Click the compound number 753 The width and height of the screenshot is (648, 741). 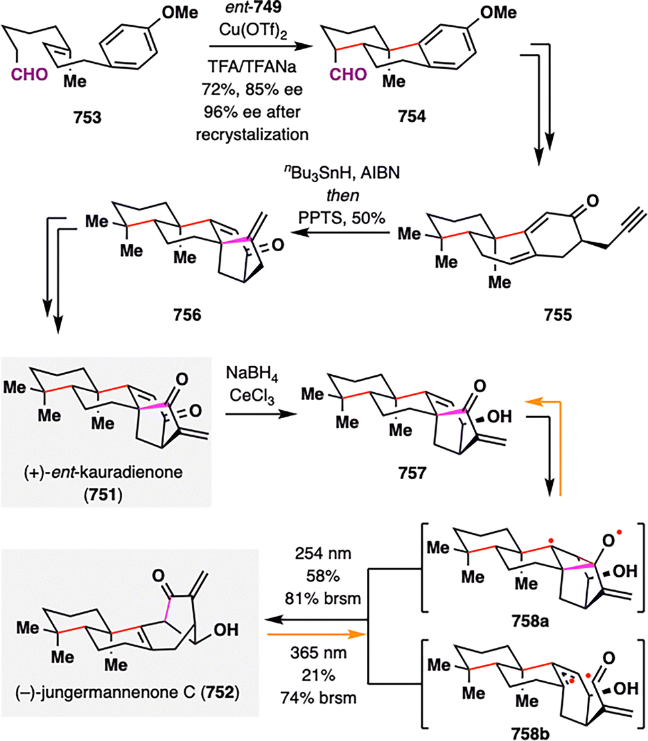(x=88, y=117)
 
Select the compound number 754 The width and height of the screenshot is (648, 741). (x=411, y=116)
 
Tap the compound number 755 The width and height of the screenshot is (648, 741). (x=558, y=314)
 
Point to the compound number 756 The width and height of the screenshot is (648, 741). (x=187, y=314)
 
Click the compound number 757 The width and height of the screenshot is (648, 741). (x=412, y=473)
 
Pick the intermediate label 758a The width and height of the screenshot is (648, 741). (x=530, y=621)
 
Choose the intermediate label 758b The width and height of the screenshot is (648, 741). (x=530, y=734)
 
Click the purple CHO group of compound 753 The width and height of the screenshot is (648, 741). (x=29, y=74)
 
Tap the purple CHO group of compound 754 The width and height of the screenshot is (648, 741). (x=348, y=74)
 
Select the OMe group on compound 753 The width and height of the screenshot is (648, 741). (x=179, y=13)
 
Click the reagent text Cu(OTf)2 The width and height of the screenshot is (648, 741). (x=253, y=31)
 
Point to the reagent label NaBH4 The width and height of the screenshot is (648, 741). (x=252, y=373)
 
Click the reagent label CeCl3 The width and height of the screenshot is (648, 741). (x=252, y=396)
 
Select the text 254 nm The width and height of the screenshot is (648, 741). (x=323, y=554)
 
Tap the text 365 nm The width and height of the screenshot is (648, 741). (x=318, y=653)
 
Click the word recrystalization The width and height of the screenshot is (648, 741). (x=252, y=135)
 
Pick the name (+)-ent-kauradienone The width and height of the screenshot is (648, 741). (x=103, y=472)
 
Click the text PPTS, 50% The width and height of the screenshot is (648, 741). (x=342, y=217)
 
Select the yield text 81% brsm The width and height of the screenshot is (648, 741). (x=323, y=598)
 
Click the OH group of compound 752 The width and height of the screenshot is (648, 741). (x=226, y=630)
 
